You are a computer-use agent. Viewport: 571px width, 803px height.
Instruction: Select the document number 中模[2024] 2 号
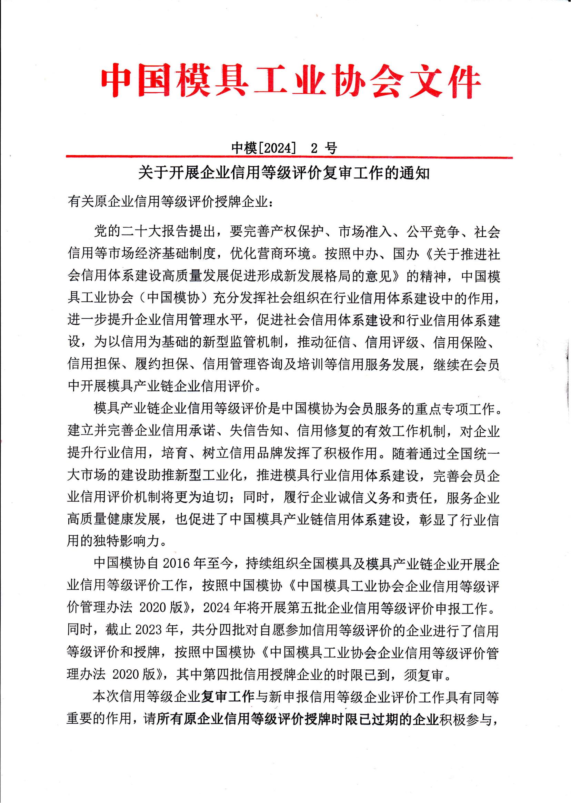(284, 148)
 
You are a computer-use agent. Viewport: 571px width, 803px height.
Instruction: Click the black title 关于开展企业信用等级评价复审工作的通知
(284, 174)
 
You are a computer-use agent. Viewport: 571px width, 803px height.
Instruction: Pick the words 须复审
(426, 675)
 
